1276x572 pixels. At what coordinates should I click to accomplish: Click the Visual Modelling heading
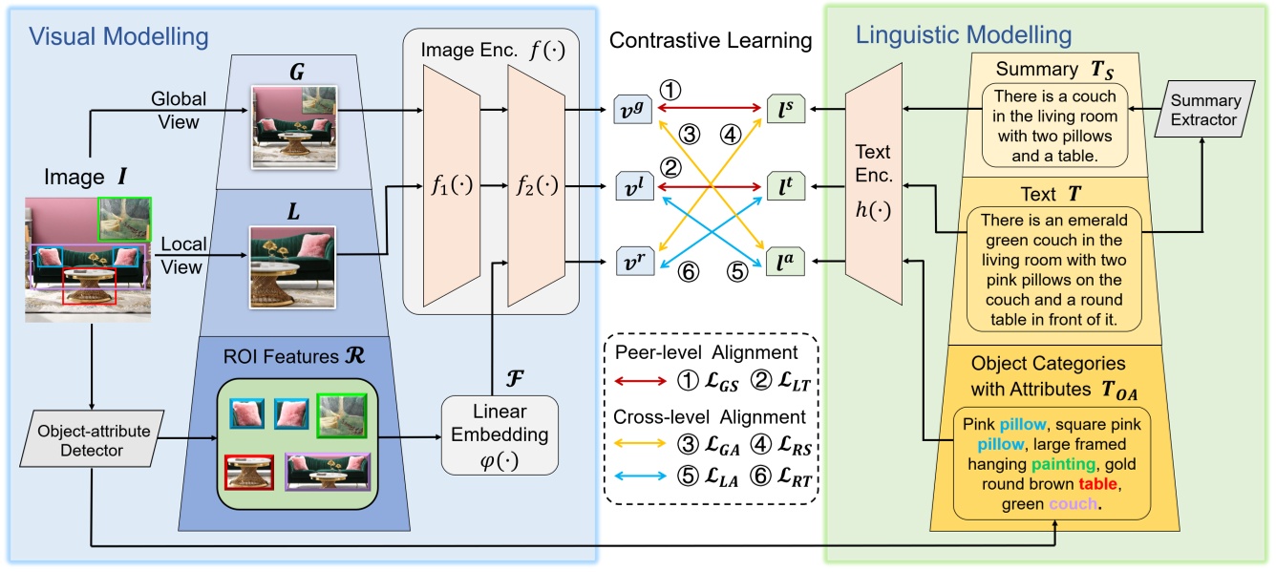[119, 37]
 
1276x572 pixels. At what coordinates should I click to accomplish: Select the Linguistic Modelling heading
[965, 37]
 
